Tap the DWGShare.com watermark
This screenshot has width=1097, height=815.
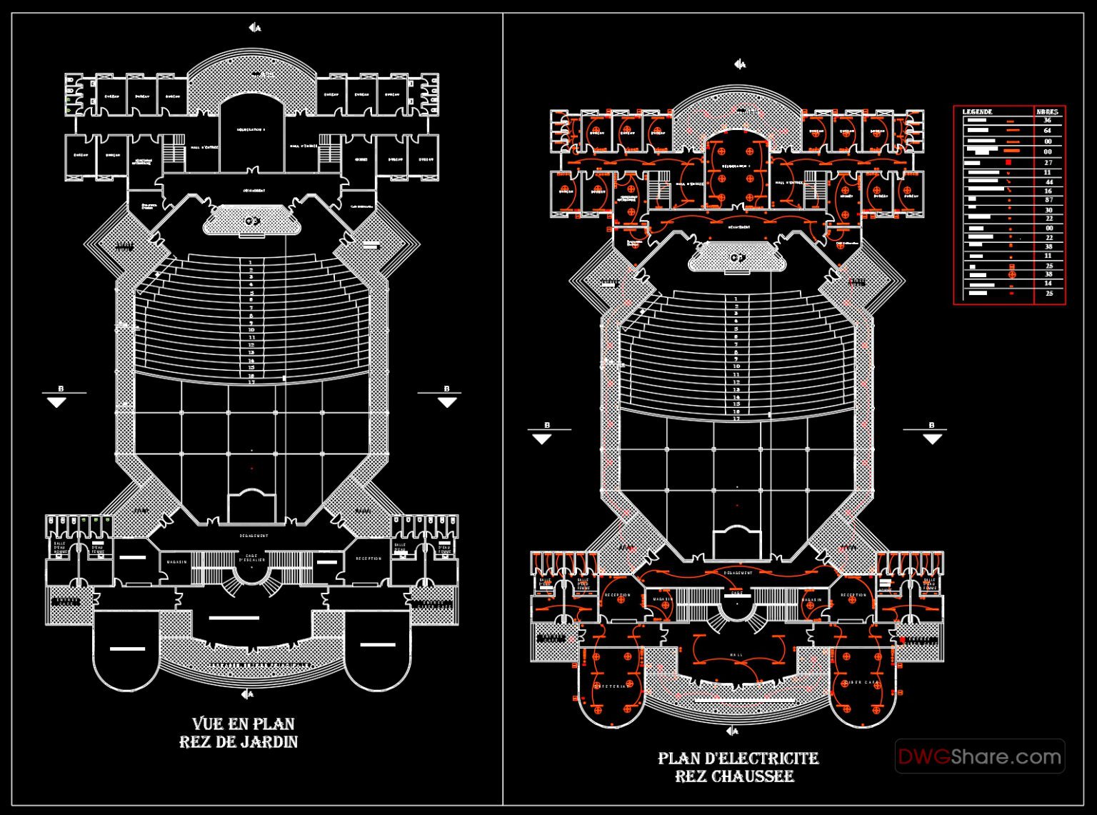pyautogui.click(x=979, y=756)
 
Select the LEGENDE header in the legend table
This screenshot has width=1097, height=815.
pyautogui.click(x=977, y=111)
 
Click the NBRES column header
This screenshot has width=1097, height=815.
pyautogui.click(x=1048, y=111)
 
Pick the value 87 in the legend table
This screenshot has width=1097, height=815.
pyautogui.click(x=1048, y=201)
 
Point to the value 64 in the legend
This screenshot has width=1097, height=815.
pyautogui.click(x=1048, y=131)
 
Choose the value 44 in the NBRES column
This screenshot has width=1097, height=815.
pyautogui.click(x=1048, y=182)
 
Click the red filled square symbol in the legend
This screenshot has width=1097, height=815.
pyautogui.click(x=1008, y=163)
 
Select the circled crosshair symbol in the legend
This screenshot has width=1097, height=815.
pyautogui.click(x=1011, y=274)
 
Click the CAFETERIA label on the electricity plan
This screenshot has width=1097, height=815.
pyautogui.click(x=611, y=686)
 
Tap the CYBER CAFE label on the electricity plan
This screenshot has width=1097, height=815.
pyautogui.click(x=862, y=682)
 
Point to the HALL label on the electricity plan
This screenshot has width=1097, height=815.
pyautogui.click(x=736, y=654)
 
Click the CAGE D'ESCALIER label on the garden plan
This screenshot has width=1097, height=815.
pyautogui.click(x=251, y=558)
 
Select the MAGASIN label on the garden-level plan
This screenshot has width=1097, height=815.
pyautogui.click(x=177, y=561)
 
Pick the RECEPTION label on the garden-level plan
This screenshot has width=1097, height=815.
pyautogui.click(x=369, y=559)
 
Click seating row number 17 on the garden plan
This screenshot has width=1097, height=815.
pyautogui.click(x=251, y=382)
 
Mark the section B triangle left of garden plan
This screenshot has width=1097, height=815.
pyautogui.click(x=56, y=402)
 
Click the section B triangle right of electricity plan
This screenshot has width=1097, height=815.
pyautogui.click(x=932, y=439)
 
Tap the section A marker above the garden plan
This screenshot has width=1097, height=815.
pyautogui.click(x=254, y=28)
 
